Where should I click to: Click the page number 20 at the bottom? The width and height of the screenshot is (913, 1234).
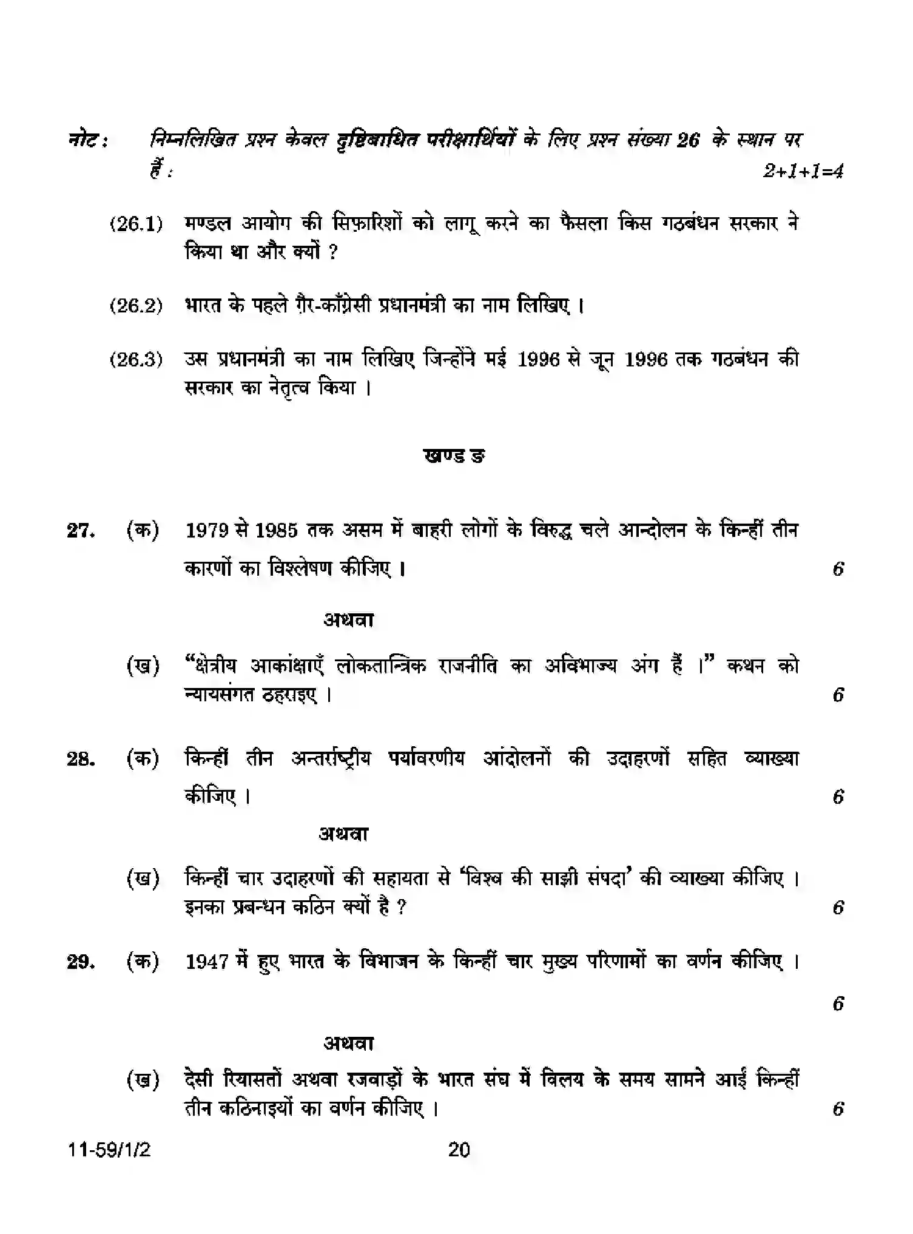[x=459, y=1150]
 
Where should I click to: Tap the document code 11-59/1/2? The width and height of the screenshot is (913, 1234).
[x=109, y=1150]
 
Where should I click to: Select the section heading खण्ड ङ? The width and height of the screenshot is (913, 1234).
[x=455, y=456]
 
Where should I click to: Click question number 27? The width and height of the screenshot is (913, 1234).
[x=81, y=531]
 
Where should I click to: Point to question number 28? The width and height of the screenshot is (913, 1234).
[x=81, y=760]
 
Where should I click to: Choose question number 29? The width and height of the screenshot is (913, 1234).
[x=81, y=962]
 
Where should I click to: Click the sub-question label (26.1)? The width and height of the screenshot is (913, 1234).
[x=136, y=224]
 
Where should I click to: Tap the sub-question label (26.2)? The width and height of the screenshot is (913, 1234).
[x=136, y=305]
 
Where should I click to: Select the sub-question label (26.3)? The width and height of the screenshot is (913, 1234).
[x=136, y=360]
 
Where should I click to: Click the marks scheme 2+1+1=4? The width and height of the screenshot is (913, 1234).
[x=803, y=172]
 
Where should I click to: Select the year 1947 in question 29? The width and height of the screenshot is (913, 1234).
[x=208, y=962]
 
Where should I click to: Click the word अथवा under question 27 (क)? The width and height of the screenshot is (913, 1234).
[x=348, y=619]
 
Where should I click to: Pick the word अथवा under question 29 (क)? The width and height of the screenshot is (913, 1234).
[x=348, y=1043]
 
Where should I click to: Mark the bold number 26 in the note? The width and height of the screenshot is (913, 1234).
[x=689, y=141]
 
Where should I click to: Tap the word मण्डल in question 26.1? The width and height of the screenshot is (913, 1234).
[x=207, y=224]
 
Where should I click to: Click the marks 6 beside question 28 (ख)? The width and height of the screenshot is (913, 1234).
[x=838, y=908]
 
